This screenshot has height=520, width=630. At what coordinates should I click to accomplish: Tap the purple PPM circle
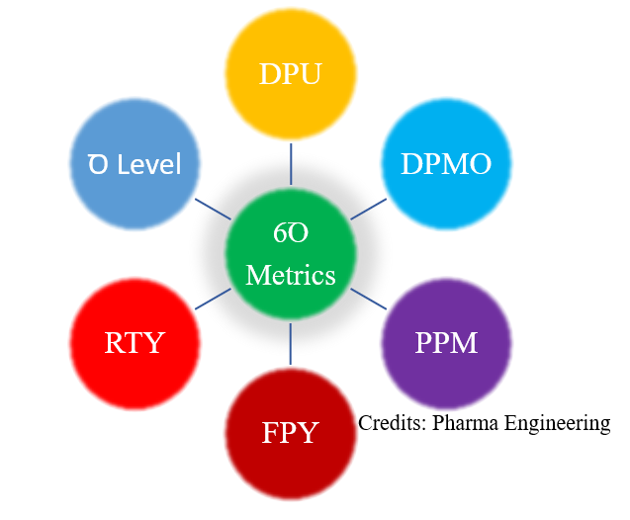446,343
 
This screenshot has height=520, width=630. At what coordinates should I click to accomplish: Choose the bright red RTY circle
135,343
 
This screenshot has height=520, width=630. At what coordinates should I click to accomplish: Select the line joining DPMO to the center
368,209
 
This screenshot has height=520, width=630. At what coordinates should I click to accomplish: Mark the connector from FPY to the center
290,342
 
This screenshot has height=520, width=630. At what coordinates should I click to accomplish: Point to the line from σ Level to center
212,209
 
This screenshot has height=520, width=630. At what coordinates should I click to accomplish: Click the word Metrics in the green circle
290,273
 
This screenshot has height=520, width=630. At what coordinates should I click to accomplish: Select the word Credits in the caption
391,423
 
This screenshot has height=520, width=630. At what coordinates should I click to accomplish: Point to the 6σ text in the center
290,234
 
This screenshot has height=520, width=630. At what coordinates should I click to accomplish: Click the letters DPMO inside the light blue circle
446,164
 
